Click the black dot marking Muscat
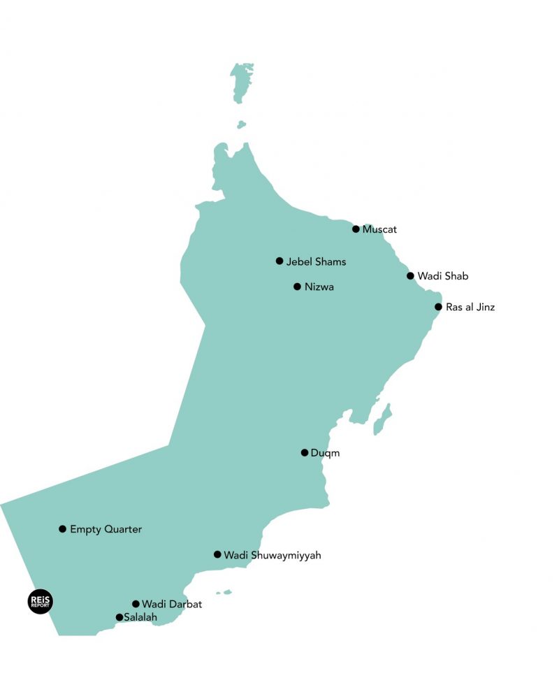(x=356, y=229)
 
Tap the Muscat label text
(x=379, y=229)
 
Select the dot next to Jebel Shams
(x=279, y=261)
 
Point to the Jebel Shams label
(x=316, y=262)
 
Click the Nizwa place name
(x=319, y=287)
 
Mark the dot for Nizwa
(x=297, y=287)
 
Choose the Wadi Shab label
(x=442, y=276)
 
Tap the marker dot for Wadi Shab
(x=411, y=276)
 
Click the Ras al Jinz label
(x=470, y=307)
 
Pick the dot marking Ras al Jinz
(x=438, y=307)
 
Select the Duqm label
(x=325, y=453)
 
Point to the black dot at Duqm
(x=305, y=453)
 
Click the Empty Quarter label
(x=106, y=529)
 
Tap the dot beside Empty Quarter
(x=63, y=529)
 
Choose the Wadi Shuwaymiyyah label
(x=272, y=556)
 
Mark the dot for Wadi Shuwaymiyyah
(x=217, y=555)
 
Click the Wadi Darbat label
(x=171, y=604)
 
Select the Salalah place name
(x=140, y=618)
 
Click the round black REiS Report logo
(x=40, y=602)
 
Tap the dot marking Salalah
(x=119, y=617)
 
